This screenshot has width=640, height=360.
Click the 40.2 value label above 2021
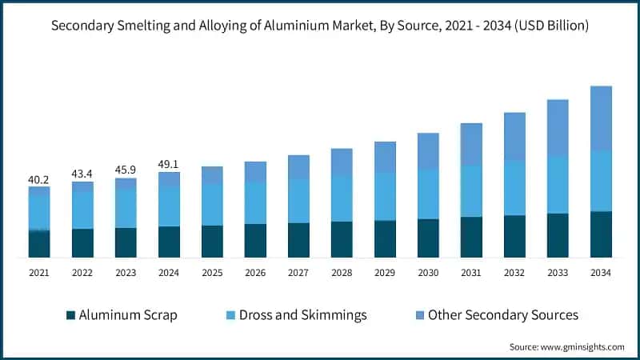[x=39, y=179]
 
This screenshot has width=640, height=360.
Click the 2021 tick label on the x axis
[x=39, y=273]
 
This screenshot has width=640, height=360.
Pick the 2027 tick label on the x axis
[x=298, y=273]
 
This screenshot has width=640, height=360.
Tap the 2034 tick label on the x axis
[x=601, y=273]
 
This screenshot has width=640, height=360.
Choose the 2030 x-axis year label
[x=428, y=273]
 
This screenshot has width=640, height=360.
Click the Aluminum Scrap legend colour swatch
[x=70, y=315]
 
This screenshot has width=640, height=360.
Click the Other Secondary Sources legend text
[x=502, y=315]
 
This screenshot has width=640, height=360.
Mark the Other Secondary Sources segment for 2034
[x=601, y=118]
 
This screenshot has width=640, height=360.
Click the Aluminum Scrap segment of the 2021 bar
[x=39, y=244]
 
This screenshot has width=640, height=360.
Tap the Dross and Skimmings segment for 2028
[x=342, y=198]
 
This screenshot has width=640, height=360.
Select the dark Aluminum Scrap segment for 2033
[x=558, y=235]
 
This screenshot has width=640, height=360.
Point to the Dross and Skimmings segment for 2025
[x=212, y=205]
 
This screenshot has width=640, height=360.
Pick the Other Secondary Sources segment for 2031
[x=471, y=144]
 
